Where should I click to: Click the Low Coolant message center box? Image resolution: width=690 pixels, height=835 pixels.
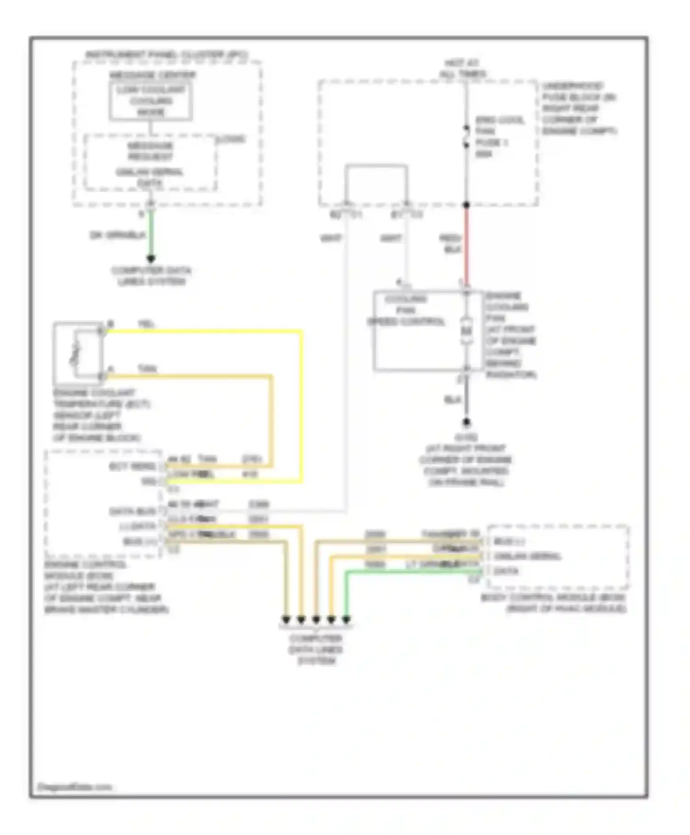tap(150, 101)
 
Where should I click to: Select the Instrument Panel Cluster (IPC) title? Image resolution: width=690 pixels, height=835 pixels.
tap(167, 55)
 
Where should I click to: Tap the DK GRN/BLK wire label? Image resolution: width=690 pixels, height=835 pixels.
tap(118, 235)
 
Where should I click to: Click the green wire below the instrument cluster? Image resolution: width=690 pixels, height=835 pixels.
tap(150, 235)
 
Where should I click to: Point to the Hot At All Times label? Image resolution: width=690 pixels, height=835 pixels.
tap(462, 69)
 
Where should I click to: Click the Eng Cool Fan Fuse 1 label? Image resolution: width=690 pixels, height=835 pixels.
tap(499, 137)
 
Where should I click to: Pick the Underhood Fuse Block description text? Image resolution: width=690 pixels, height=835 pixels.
tap(579, 109)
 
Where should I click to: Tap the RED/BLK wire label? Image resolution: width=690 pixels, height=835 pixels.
tap(450, 244)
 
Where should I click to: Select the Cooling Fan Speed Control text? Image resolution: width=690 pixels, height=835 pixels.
tap(406, 310)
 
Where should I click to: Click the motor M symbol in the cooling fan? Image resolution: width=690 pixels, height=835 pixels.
tap(466, 331)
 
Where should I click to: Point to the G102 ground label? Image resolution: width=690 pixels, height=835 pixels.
tap(466, 436)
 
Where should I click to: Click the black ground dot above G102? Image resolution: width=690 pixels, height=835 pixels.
tap(466, 422)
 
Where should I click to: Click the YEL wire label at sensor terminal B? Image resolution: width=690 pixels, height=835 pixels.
tap(146, 325)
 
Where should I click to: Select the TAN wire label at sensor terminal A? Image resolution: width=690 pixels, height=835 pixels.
tap(147, 369)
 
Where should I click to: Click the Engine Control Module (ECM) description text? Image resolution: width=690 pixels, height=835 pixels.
tap(106, 587)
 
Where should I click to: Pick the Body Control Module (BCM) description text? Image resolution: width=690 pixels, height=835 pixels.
tap(553, 603)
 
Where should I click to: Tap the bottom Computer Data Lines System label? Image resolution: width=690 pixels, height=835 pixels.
tap(316, 649)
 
